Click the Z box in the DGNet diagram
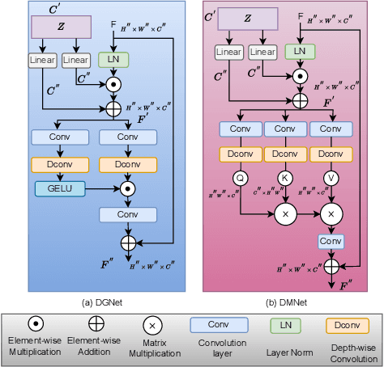point(62,27)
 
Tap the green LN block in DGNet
point(114,58)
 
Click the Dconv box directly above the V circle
point(331,153)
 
